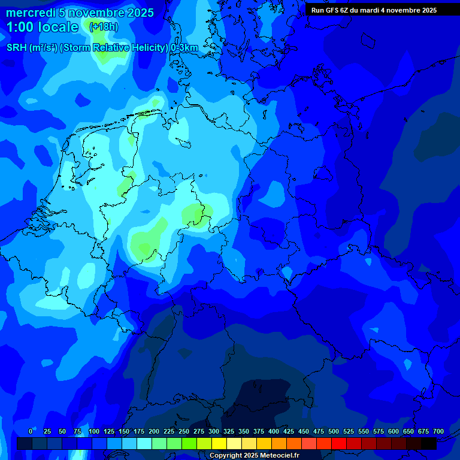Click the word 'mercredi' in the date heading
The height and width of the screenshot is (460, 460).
click(31, 13)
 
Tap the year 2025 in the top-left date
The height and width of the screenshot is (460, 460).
click(138, 13)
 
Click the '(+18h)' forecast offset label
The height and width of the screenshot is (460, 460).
click(104, 27)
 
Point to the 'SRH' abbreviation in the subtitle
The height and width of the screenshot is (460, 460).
click(17, 48)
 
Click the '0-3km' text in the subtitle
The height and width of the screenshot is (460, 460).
click(184, 48)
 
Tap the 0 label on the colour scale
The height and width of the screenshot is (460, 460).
click(31, 431)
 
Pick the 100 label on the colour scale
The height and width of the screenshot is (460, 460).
click(94, 431)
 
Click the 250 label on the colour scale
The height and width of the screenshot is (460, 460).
click(184, 431)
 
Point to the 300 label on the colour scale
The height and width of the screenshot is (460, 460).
click(214, 431)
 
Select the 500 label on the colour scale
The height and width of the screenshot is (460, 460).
click(334, 431)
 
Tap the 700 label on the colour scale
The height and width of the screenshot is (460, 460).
click(438, 431)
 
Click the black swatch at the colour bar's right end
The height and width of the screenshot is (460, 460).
click(429, 443)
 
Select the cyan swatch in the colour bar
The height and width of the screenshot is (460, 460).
click(144, 443)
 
